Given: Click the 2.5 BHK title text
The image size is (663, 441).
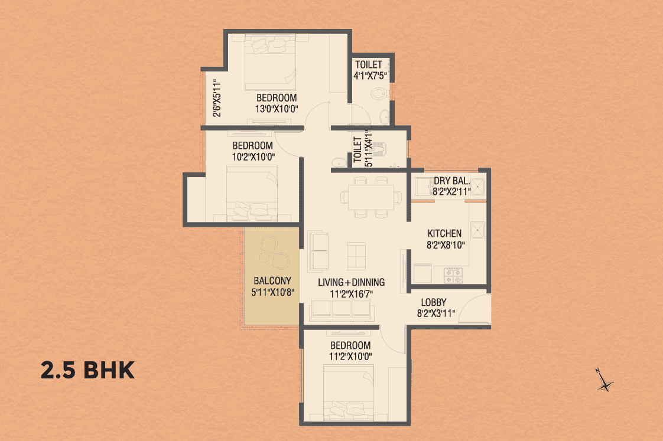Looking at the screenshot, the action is click(x=87, y=370).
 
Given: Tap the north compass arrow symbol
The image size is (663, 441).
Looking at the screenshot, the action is click(x=604, y=381).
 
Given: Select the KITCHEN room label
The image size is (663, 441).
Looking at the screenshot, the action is click(x=444, y=234).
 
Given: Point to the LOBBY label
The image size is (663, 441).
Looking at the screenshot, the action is click(x=433, y=302).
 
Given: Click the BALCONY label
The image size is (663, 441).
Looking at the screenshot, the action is click(x=272, y=281).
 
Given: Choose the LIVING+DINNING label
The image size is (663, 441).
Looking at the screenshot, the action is click(x=352, y=282).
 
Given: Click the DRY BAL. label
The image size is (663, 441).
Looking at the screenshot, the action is click(x=452, y=181).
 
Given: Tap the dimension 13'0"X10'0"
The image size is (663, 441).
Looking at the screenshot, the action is click(x=277, y=109).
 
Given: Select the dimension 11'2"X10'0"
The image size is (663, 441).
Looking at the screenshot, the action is click(x=350, y=357).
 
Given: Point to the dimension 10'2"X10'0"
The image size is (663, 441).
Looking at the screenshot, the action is click(x=253, y=156).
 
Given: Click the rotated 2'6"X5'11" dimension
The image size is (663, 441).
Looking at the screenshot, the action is click(x=217, y=97).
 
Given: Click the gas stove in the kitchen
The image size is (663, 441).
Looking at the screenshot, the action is click(x=453, y=276).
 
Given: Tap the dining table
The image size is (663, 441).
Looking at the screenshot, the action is click(x=371, y=197).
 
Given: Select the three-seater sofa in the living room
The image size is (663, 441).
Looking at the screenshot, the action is click(x=341, y=309).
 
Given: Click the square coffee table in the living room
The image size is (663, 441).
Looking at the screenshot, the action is click(x=356, y=256).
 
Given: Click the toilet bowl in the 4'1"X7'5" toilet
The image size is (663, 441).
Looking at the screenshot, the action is click(x=378, y=94).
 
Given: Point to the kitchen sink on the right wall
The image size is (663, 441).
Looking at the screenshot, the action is click(x=478, y=230).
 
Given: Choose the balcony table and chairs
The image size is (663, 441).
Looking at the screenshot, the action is click(x=274, y=252).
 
